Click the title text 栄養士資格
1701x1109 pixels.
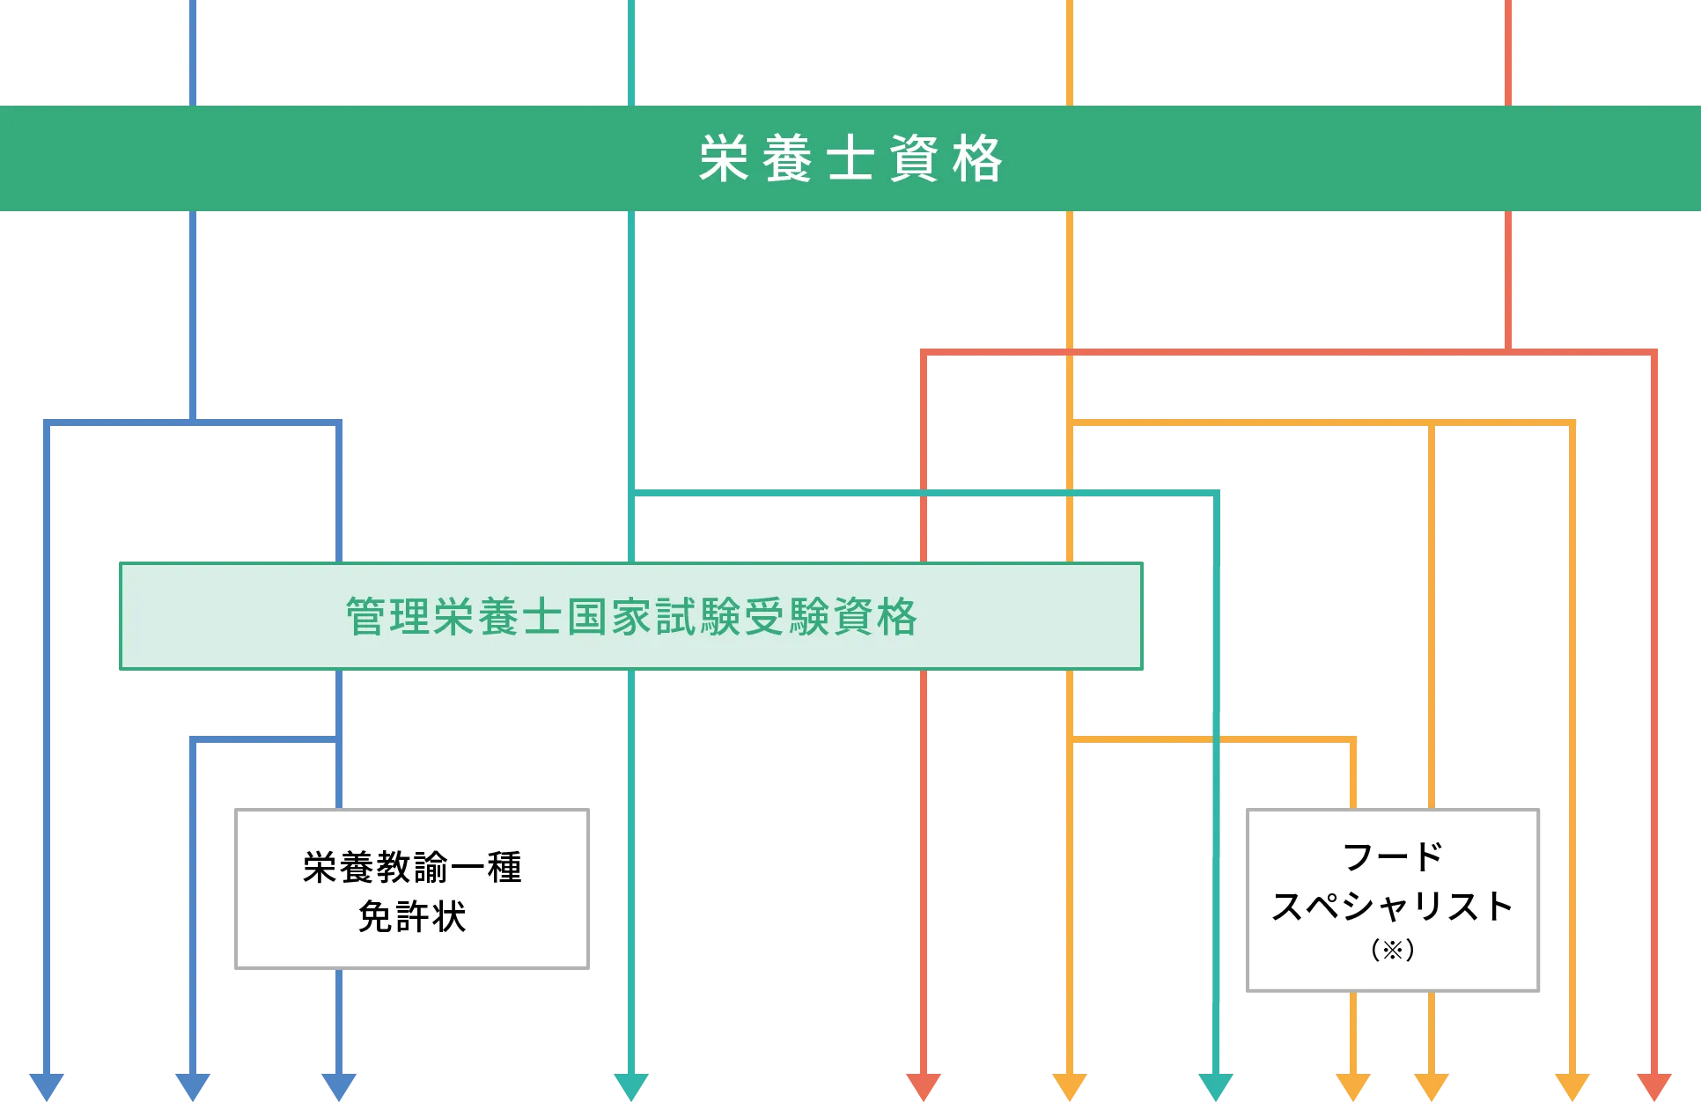850,159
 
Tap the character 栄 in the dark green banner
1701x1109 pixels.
725,159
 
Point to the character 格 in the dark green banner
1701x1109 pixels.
977,159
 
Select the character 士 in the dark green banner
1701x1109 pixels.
850,159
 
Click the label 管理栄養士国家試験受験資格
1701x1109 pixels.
631,616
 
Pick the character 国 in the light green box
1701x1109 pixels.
587,616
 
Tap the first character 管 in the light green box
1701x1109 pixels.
366,616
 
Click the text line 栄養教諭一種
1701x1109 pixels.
412,867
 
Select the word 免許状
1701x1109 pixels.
412,916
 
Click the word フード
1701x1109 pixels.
1393,856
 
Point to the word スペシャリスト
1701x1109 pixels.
1393,906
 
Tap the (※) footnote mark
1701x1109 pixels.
1393,950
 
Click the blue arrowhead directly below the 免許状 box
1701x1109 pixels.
339,1087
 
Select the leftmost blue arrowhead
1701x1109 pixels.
47,1087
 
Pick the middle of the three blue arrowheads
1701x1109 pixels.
193,1087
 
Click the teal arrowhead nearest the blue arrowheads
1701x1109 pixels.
631,1087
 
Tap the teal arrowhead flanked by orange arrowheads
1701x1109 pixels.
1216,1087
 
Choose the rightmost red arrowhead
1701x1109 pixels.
1654,1087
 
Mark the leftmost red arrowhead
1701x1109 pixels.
924,1087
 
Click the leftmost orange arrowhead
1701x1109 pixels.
1070,1087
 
